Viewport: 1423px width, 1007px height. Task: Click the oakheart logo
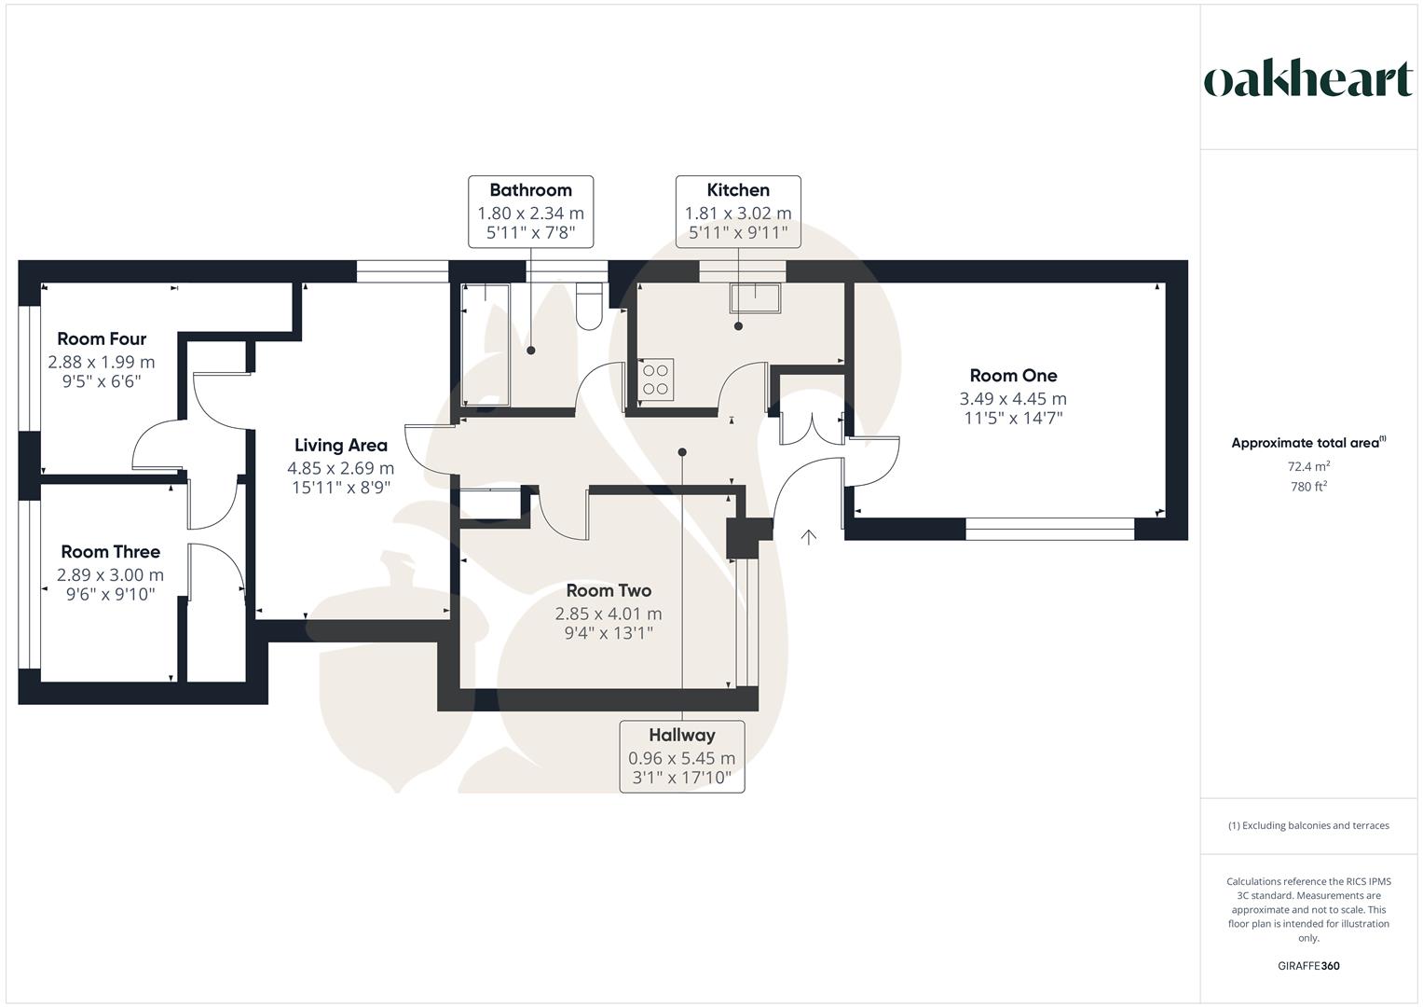click(1308, 79)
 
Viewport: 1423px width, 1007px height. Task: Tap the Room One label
click(1013, 376)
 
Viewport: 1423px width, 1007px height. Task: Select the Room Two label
click(609, 590)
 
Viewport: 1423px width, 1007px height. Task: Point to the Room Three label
click(110, 552)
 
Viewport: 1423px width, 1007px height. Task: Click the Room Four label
click(102, 338)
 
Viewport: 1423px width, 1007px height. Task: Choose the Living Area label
click(340, 446)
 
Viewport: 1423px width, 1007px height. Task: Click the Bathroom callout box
click(530, 212)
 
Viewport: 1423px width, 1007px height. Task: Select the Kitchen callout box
click(738, 212)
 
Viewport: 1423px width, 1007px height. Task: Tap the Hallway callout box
click(682, 756)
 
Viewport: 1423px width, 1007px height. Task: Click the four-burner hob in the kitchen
click(655, 379)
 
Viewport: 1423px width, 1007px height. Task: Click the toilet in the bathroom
click(589, 307)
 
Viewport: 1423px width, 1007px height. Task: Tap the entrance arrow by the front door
click(808, 536)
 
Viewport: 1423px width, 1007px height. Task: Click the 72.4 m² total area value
click(1308, 466)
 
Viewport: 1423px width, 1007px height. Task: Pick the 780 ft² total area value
click(1308, 487)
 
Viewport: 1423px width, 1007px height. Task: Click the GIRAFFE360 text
click(1308, 966)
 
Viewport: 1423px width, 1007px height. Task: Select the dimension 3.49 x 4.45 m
click(1013, 399)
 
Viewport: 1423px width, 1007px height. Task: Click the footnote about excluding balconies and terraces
click(1308, 825)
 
